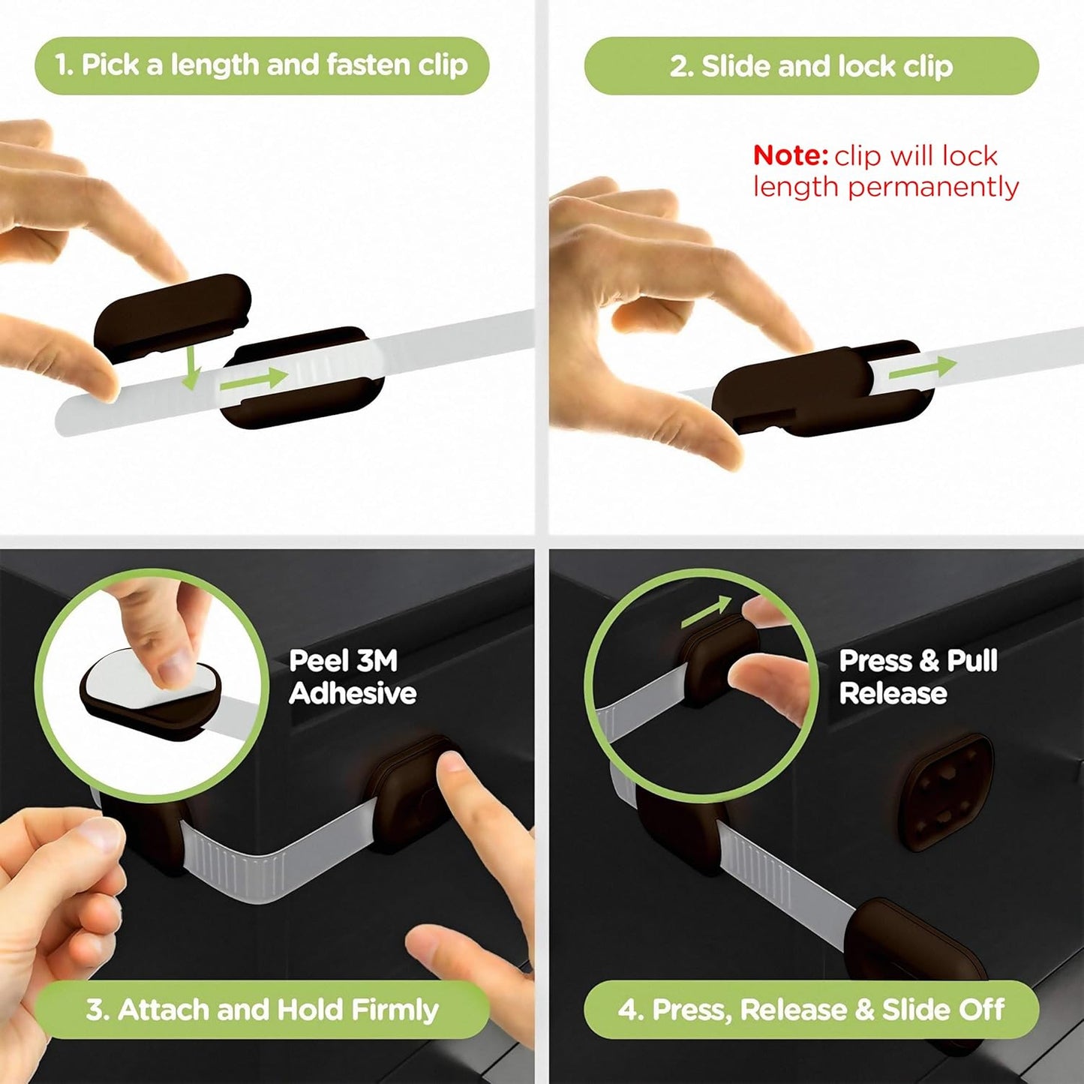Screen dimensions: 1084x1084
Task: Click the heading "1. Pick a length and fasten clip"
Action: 261,65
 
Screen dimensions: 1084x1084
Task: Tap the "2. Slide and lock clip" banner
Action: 811,66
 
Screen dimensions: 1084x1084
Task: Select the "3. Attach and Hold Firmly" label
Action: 261,1010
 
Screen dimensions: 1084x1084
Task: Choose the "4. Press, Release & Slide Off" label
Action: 811,1010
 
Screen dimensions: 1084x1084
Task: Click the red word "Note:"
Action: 790,155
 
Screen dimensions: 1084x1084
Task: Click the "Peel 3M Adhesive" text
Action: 352,677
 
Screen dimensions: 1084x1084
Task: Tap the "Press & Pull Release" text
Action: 917,677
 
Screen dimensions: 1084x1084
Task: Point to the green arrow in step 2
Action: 923,368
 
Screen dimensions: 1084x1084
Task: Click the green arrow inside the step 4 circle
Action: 705,611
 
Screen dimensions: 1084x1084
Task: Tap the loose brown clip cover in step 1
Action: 173,315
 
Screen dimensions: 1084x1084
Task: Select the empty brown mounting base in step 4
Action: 945,791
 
